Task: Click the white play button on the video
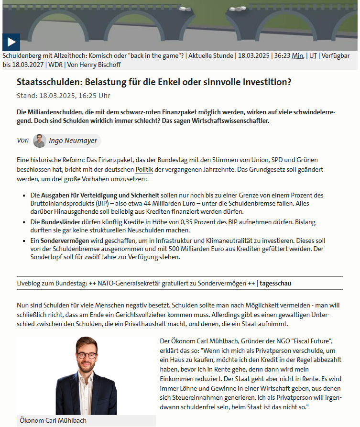click(11, 42)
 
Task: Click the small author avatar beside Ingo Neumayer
click(40, 141)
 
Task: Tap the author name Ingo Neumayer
click(74, 141)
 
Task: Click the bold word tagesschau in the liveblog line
click(275, 283)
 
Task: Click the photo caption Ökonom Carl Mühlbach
click(53, 421)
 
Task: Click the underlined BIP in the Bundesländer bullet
click(232, 222)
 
